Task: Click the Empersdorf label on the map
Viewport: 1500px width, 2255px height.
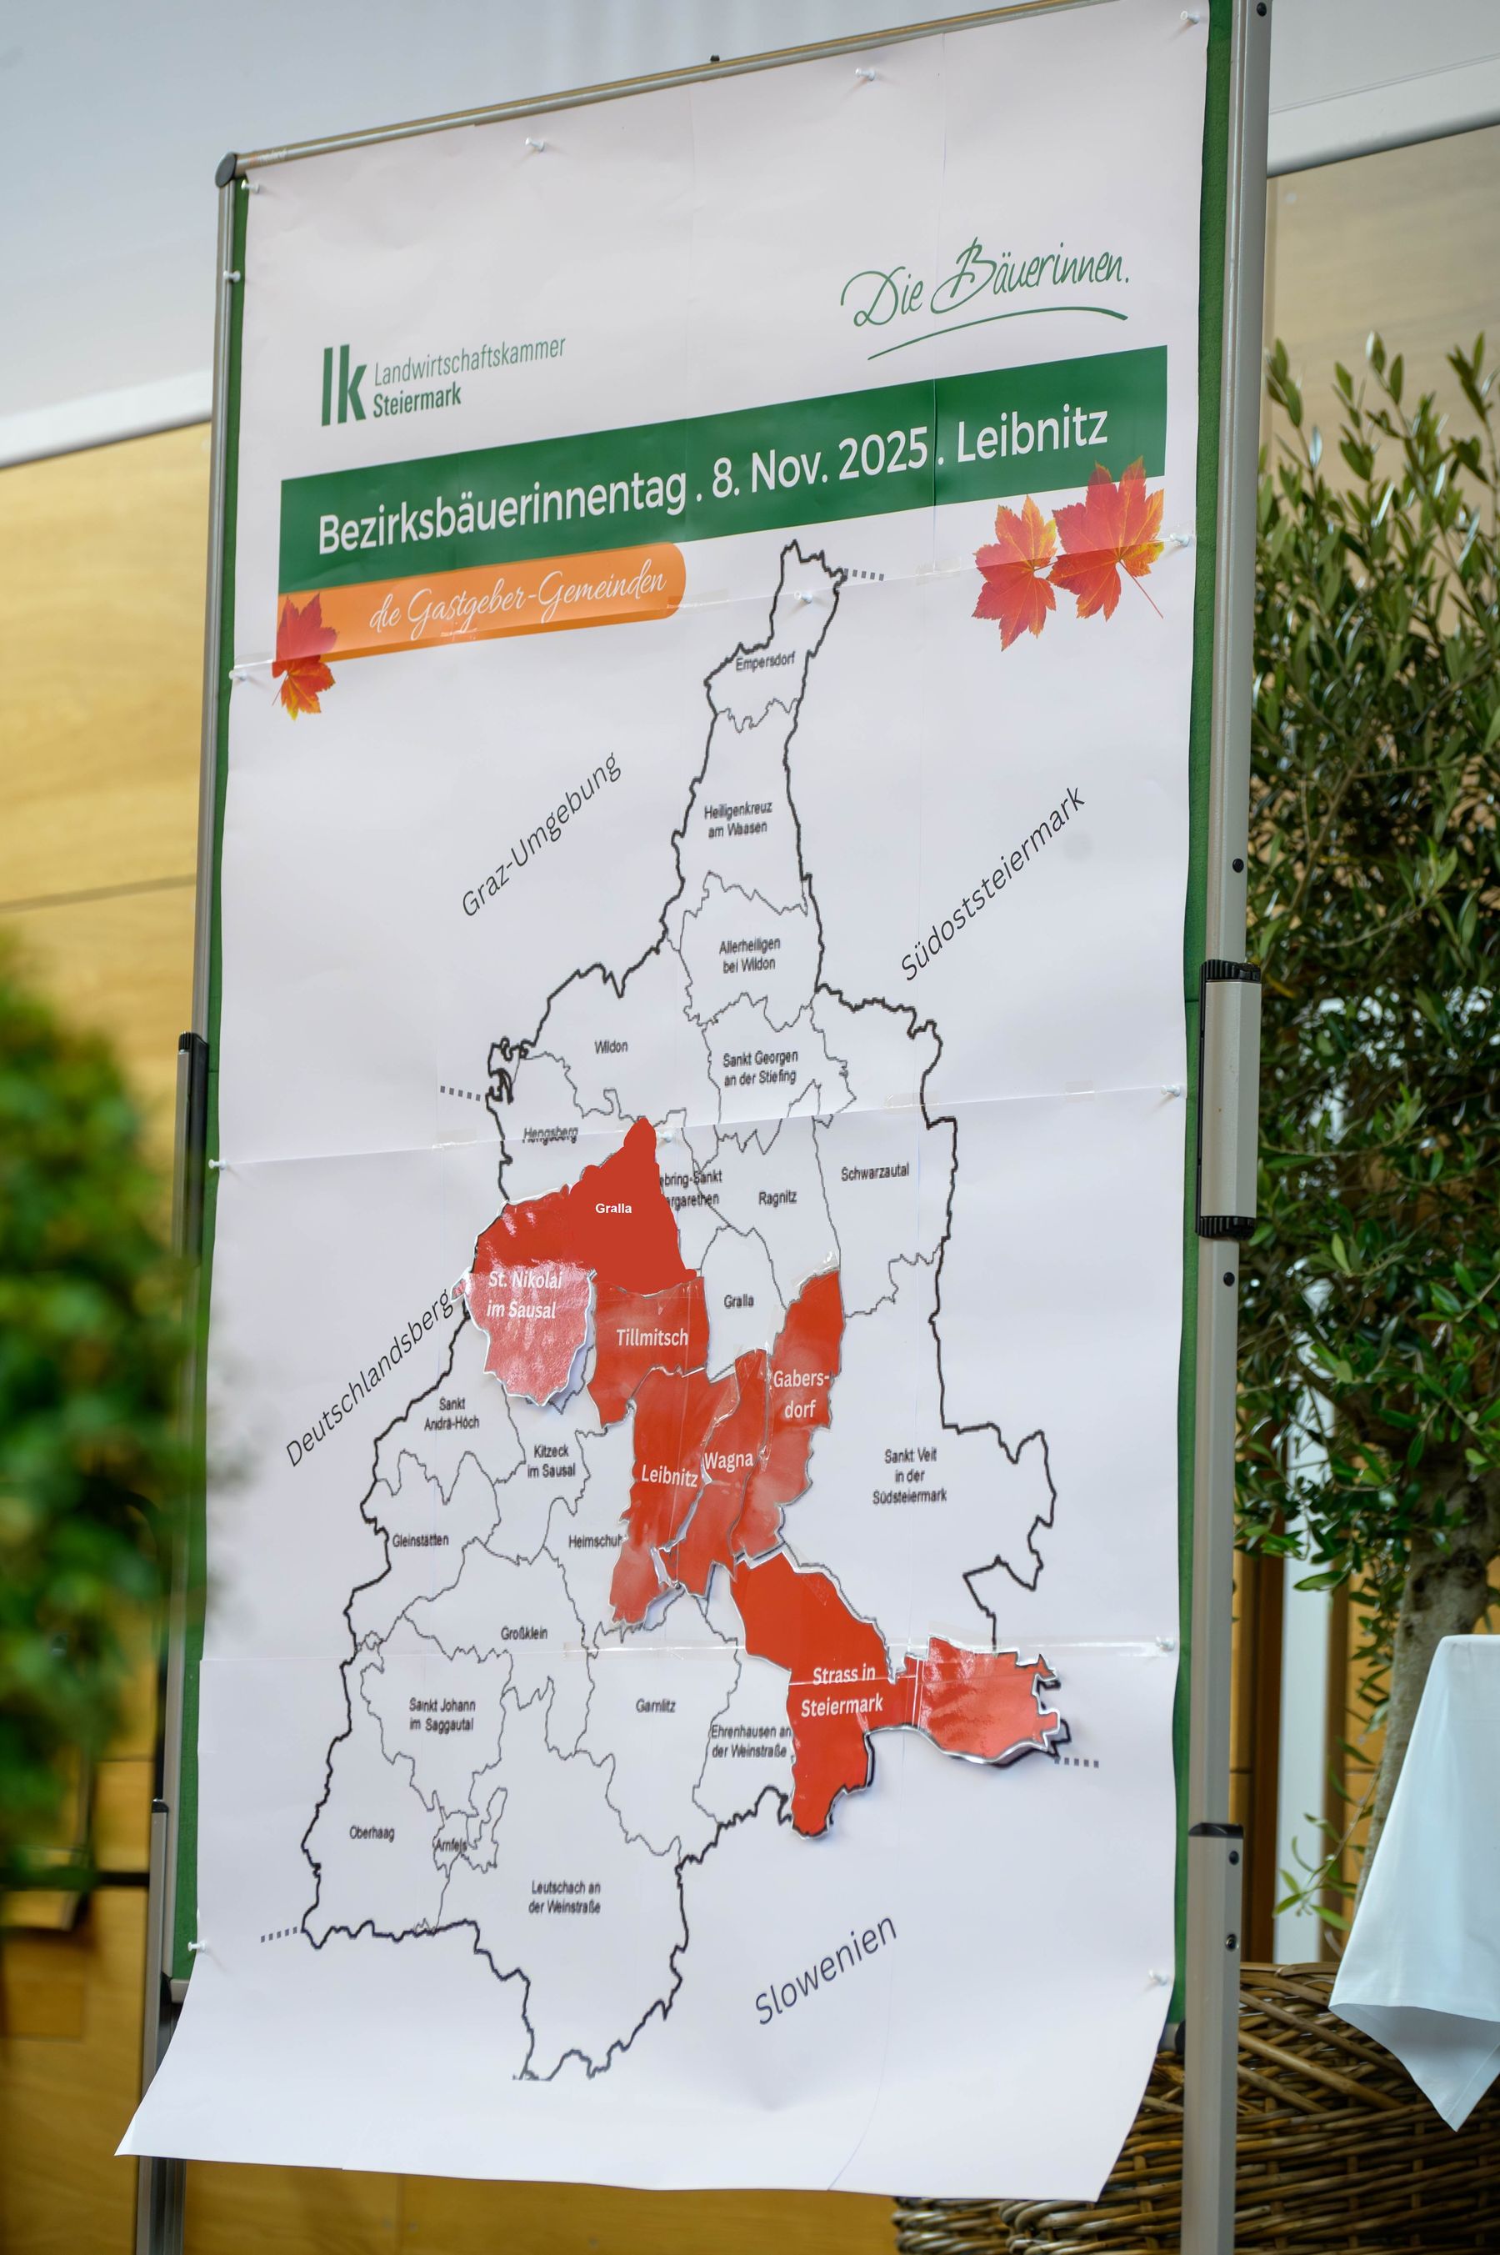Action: (764, 661)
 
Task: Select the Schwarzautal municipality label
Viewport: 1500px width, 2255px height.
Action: (874, 1172)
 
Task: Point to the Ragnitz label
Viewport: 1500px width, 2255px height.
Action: (777, 1197)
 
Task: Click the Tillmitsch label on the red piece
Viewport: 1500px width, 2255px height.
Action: (652, 1337)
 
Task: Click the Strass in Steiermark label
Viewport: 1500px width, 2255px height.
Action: (842, 1691)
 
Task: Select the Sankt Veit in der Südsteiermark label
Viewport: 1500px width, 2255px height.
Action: (910, 1475)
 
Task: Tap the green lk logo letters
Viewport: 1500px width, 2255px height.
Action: (342, 384)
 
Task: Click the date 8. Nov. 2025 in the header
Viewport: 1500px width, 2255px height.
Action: (821, 467)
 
